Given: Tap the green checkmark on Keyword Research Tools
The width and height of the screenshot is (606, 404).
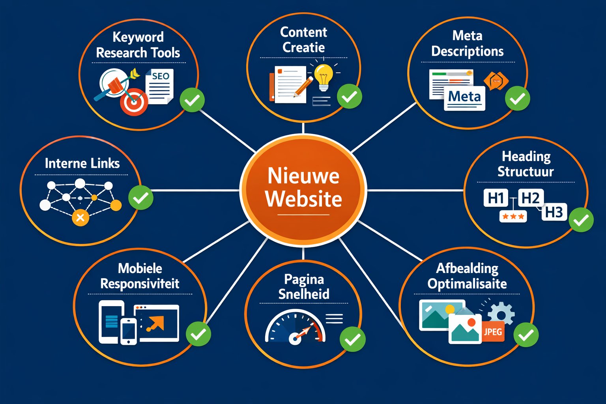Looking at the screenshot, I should (192, 100).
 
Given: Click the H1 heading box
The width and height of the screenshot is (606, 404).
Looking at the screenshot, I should (496, 198).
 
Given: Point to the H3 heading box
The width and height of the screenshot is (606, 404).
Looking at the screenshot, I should (554, 212).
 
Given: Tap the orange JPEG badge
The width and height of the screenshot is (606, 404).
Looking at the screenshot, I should (493, 332).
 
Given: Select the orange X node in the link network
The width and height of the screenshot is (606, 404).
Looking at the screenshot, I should (80, 217).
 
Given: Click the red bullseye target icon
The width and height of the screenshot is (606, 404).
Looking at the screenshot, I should (134, 102).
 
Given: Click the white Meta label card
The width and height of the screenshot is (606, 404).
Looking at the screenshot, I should (464, 97).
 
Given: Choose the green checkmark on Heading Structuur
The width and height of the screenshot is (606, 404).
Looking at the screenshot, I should (581, 220).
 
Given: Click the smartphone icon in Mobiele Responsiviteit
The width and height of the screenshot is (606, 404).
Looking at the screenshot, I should (129, 331).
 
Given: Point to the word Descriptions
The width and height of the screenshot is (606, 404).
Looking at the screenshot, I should (467, 51).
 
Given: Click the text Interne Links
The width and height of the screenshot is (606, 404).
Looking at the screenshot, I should (82, 163).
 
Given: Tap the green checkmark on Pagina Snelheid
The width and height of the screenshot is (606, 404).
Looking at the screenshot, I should (353, 339).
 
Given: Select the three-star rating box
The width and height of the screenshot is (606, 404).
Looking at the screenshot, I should (513, 216).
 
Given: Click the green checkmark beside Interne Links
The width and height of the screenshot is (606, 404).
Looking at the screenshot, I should (141, 197).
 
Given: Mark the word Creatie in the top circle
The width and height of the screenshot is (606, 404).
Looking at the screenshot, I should (303, 47).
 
